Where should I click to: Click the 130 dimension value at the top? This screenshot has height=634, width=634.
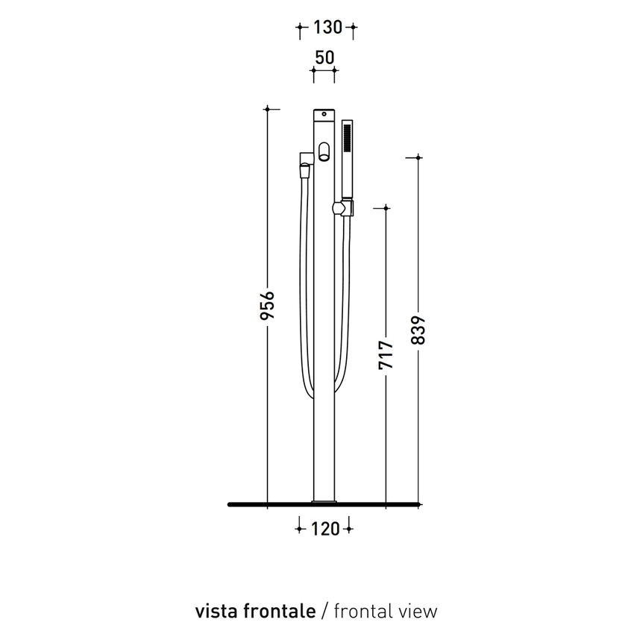(x=326, y=28)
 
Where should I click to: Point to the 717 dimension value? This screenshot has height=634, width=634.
(x=386, y=357)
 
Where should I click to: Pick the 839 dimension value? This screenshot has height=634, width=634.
(x=418, y=331)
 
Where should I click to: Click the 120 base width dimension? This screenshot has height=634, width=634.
(x=324, y=529)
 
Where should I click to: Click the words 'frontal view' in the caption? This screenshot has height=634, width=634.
(x=386, y=611)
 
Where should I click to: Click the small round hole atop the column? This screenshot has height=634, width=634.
(x=323, y=114)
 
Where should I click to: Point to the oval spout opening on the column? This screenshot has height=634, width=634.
(x=323, y=152)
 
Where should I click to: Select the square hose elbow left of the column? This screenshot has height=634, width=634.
(x=305, y=157)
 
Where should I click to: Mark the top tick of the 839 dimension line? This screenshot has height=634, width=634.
(x=418, y=157)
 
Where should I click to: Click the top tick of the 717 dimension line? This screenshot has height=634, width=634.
(x=386, y=208)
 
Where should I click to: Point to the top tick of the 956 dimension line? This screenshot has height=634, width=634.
(x=268, y=109)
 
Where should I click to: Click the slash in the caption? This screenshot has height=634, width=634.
(x=324, y=611)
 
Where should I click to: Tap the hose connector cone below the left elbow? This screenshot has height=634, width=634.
(x=303, y=172)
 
